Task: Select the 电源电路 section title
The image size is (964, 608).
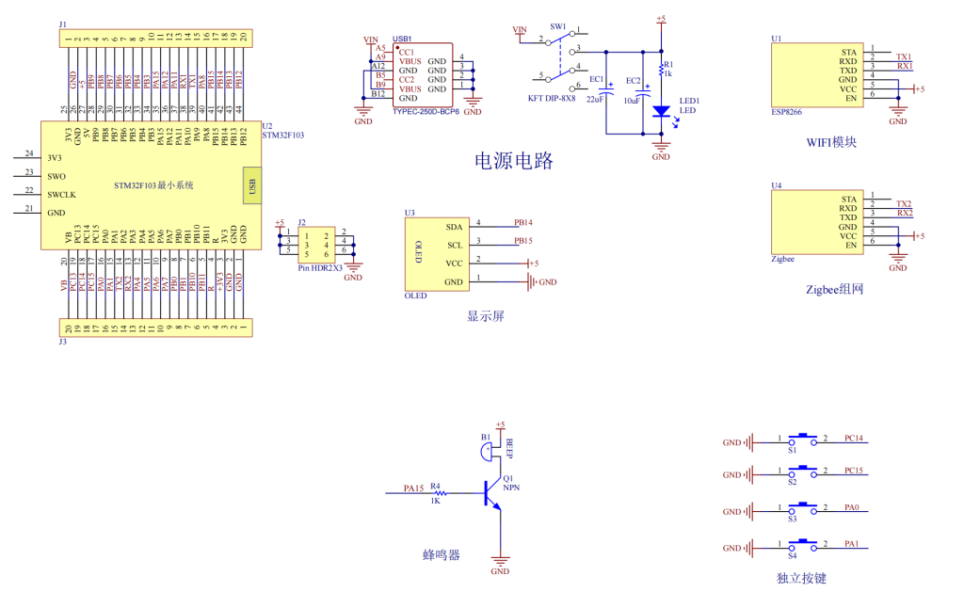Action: (x=513, y=161)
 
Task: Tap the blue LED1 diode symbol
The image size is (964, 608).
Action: (x=661, y=111)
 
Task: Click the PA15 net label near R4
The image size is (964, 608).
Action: (x=413, y=488)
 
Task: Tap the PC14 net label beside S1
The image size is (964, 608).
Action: (x=854, y=439)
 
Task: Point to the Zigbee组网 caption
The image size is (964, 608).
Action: (x=834, y=290)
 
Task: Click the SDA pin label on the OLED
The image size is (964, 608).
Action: (x=454, y=227)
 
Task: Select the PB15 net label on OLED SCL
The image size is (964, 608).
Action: (x=523, y=241)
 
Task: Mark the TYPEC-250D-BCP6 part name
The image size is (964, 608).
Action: (x=426, y=111)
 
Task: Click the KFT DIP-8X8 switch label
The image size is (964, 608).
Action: (x=552, y=98)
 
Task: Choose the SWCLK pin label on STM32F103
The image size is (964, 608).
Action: (x=61, y=194)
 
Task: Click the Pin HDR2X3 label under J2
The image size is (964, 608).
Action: (x=320, y=268)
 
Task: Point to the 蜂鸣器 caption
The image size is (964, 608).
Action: (x=441, y=555)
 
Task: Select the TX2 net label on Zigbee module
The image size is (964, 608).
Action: (x=904, y=204)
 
